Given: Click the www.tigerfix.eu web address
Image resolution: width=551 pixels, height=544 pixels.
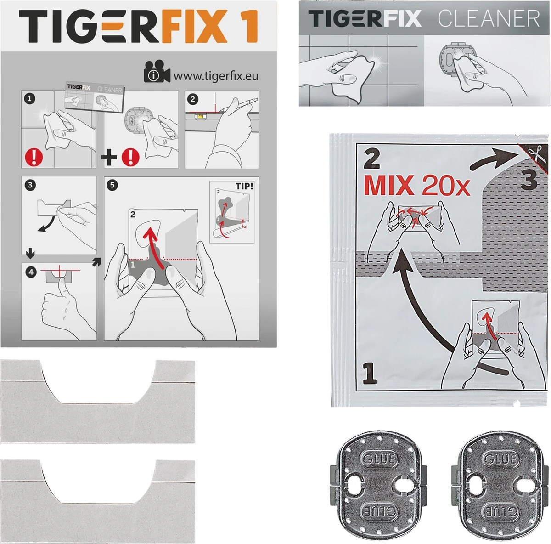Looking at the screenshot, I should point(215,75).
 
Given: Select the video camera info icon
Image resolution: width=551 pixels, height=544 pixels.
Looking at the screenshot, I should point(157,72).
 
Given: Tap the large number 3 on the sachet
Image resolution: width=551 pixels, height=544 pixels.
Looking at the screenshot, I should point(529,181).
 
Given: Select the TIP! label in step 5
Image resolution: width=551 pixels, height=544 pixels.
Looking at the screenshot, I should point(244,186).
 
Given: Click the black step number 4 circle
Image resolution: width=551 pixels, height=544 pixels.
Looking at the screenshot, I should point(30,272).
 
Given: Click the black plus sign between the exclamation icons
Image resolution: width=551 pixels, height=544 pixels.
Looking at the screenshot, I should point(109,158).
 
